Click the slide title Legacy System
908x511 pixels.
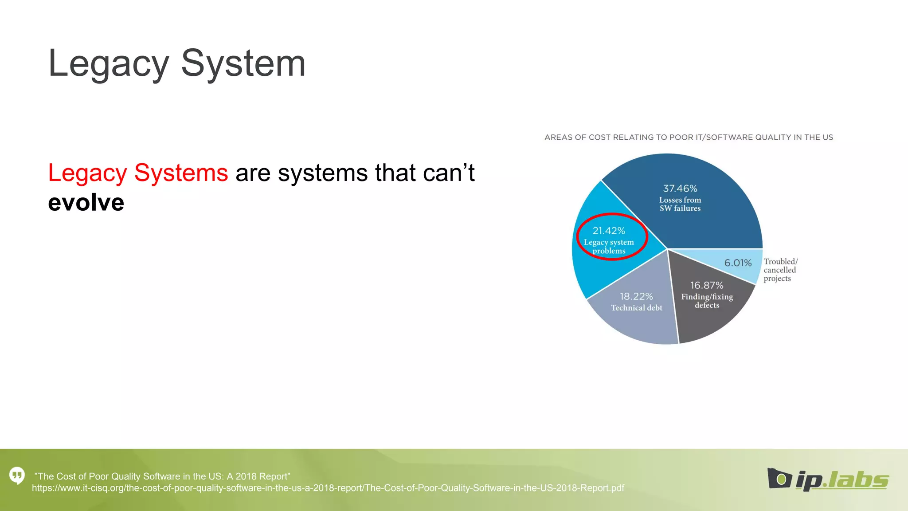tap(176, 63)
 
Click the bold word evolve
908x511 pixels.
tap(86, 203)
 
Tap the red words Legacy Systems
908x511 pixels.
tap(138, 173)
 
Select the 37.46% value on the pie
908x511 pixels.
tap(680, 189)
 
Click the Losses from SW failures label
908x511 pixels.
tap(680, 204)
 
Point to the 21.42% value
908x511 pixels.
tap(609, 231)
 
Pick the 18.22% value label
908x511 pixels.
tap(636, 296)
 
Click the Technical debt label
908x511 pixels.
tap(636, 308)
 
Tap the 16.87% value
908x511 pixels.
tap(706, 285)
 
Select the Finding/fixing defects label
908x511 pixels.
tap(707, 301)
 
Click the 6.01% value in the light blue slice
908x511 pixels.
tap(738, 263)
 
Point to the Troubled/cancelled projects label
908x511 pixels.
tap(780, 270)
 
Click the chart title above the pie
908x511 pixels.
tap(689, 138)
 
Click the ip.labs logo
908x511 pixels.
tap(828, 480)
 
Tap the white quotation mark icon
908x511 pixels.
tap(17, 476)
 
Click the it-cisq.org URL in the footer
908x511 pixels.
tap(328, 488)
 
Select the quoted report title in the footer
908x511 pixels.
tap(162, 476)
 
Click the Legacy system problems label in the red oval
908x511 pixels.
tap(609, 247)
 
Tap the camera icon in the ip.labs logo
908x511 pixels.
tap(779, 478)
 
